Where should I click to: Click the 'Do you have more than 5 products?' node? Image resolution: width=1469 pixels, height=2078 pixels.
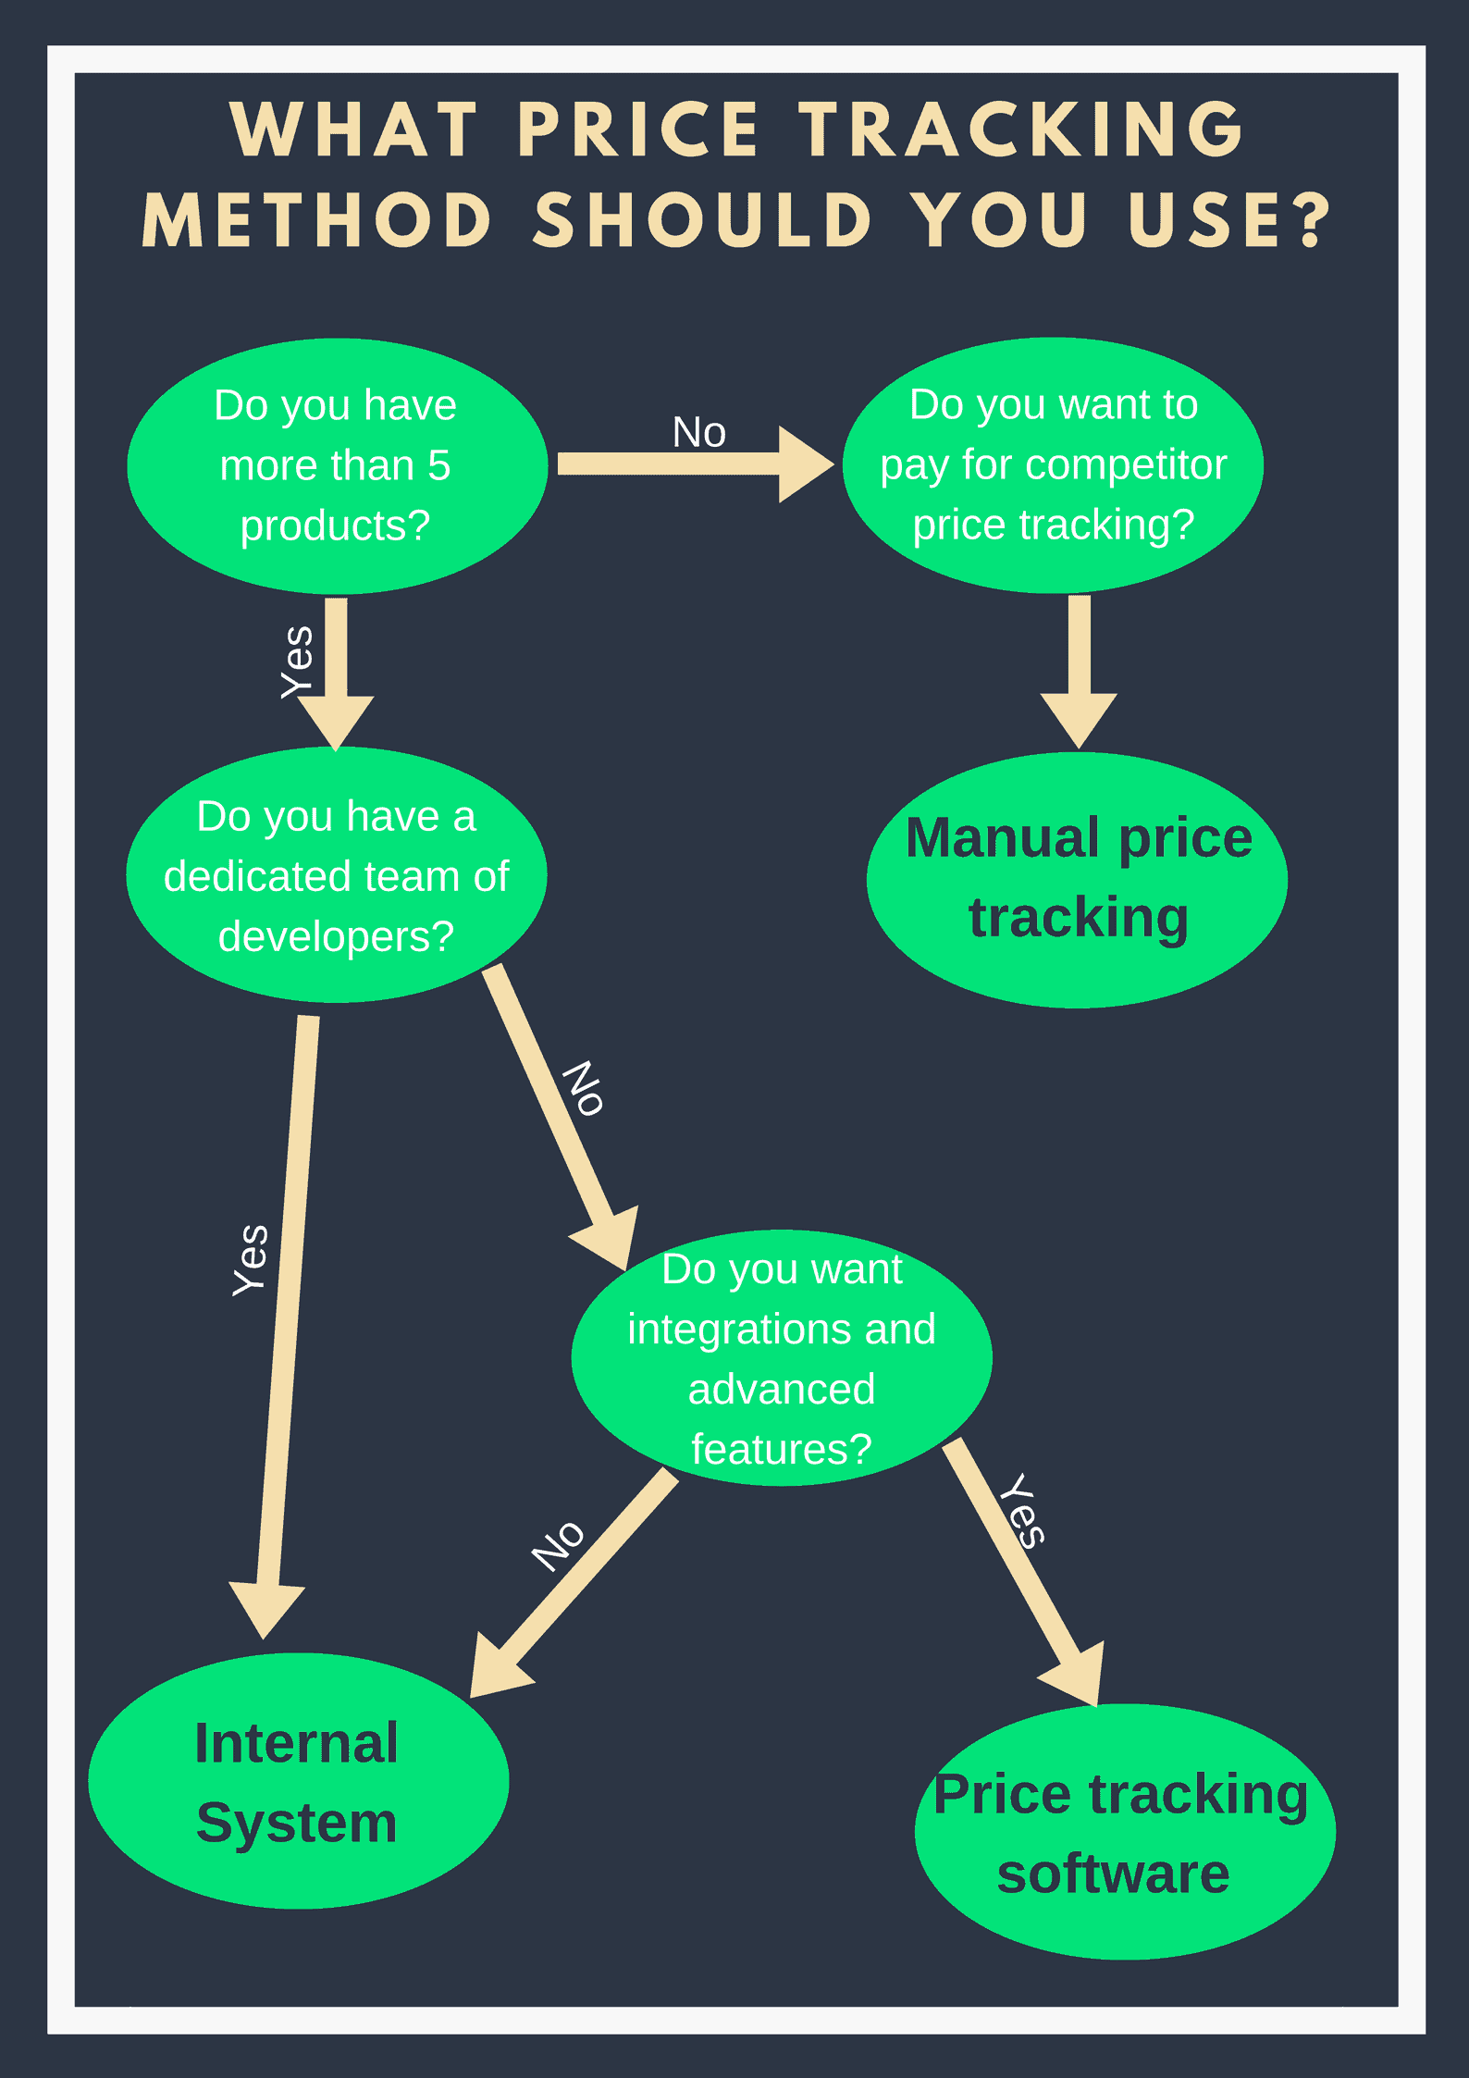coord(337,465)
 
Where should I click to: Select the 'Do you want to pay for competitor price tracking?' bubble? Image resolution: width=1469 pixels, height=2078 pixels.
coord(1053,464)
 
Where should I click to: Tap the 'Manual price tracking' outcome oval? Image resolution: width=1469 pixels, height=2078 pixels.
coord(1077,879)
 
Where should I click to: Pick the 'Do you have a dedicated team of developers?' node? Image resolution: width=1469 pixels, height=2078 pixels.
coord(336,875)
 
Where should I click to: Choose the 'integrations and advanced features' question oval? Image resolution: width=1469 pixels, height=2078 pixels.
coord(782,1358)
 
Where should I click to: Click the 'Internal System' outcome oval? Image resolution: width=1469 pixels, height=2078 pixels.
coord(298,1782)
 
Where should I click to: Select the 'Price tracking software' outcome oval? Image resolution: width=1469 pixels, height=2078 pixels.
coord(1124,1833)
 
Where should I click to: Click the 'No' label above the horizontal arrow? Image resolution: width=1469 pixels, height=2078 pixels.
coord(699,432)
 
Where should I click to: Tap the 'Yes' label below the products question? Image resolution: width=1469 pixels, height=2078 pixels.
coord(298,662)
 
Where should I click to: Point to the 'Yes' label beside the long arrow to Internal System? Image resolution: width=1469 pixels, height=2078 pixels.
coord(251,1259)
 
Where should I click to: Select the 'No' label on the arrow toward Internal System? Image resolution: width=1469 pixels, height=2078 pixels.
coord(559,1545)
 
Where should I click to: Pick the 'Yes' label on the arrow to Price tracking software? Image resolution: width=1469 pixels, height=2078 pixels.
coord(1023,1511)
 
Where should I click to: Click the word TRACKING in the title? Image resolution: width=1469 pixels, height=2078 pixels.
coord(1021,130)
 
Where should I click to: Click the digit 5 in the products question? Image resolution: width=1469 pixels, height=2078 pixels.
coord(438,465)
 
